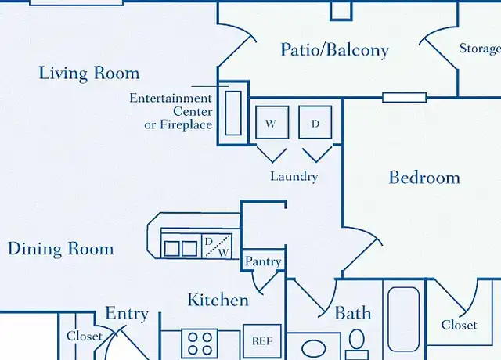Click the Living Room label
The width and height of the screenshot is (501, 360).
coord(89,73)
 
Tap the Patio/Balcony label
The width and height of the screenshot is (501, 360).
coord(334,50)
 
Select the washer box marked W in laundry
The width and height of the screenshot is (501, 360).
coord(272,122)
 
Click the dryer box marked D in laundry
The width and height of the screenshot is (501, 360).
coord(315,122)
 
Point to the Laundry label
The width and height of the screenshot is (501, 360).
coord(294,176)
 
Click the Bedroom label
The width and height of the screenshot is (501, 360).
coord(424,178)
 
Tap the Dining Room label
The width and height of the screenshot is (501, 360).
coord(61,249)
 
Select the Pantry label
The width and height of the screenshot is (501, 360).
coord(263,261)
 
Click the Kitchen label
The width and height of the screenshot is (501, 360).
coord(218,300)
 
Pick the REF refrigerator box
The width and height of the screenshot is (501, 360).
coord(262,341)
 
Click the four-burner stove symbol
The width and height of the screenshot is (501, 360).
coord(200,344)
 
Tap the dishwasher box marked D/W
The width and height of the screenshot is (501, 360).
coord(217,246)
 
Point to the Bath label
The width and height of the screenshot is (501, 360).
coord(353,313)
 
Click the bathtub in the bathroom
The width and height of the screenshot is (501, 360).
coord(404,319)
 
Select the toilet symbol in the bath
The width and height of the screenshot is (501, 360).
coord(357,344)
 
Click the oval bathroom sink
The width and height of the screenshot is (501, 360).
coord(314,348)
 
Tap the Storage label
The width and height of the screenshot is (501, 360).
coord(480,49)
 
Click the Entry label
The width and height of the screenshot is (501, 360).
coord(127,313)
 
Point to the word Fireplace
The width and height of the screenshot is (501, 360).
coord(186,124)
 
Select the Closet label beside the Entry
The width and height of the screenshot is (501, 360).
coord(85,336)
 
